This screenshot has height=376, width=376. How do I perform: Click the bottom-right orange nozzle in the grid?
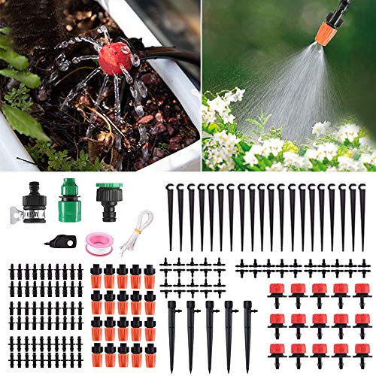150,353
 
